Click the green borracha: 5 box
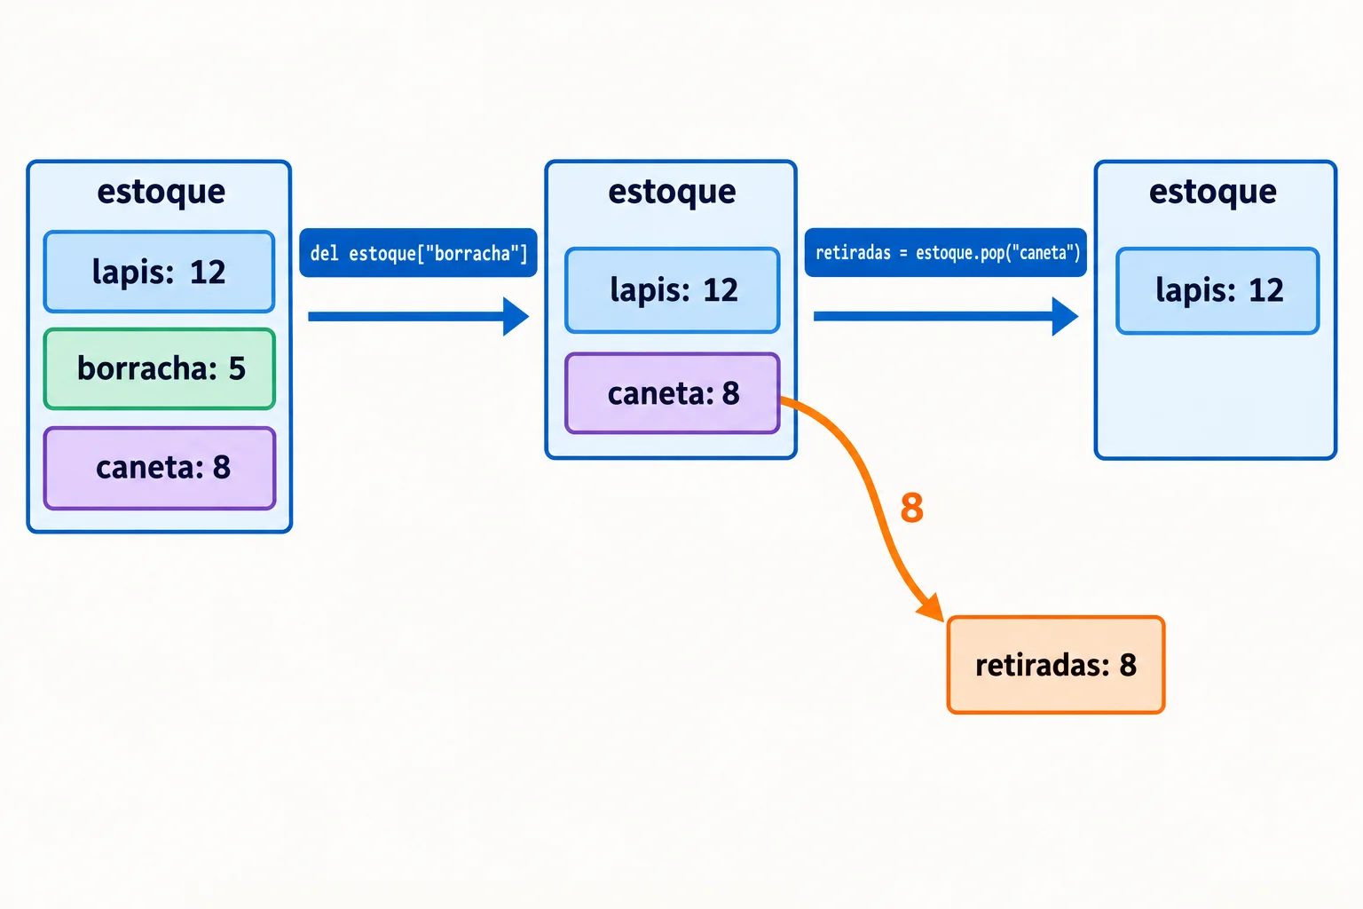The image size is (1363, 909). click(160, 368)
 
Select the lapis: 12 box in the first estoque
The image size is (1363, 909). click(160, 272)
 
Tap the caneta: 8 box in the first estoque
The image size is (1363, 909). click(160, 468)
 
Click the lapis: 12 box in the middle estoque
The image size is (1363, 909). click(673, 289)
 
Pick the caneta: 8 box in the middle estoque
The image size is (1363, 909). click(673, 392)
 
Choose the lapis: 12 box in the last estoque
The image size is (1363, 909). click(1218, 290)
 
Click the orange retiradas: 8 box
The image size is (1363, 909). click(1056, 664)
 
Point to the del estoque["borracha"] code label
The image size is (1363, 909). click(419, 253)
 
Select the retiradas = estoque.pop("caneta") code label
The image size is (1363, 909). click(946, 253)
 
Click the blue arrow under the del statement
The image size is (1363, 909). click(419, 316)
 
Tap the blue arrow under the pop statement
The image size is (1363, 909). click(946, 316)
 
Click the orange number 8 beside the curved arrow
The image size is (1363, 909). click(911, 508)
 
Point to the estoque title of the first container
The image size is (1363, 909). click(162, 193)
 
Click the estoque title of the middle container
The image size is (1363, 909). click(672, 193)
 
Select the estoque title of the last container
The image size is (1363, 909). click(1213, 193)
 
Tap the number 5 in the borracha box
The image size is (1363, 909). click(237, 369)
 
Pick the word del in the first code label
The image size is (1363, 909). click(324, 253)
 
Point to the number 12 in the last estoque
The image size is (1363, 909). click(1265, 290)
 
